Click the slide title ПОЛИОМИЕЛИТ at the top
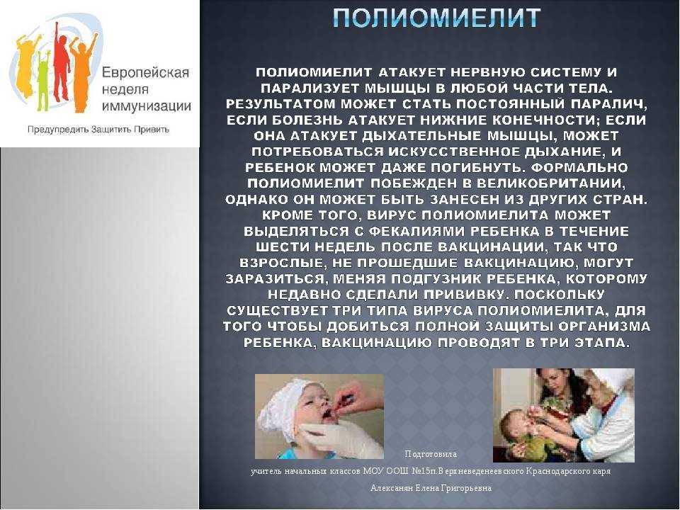point(436,18)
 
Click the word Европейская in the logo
point(145,73)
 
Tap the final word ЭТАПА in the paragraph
point(602,342)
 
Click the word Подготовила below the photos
point(431,453)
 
